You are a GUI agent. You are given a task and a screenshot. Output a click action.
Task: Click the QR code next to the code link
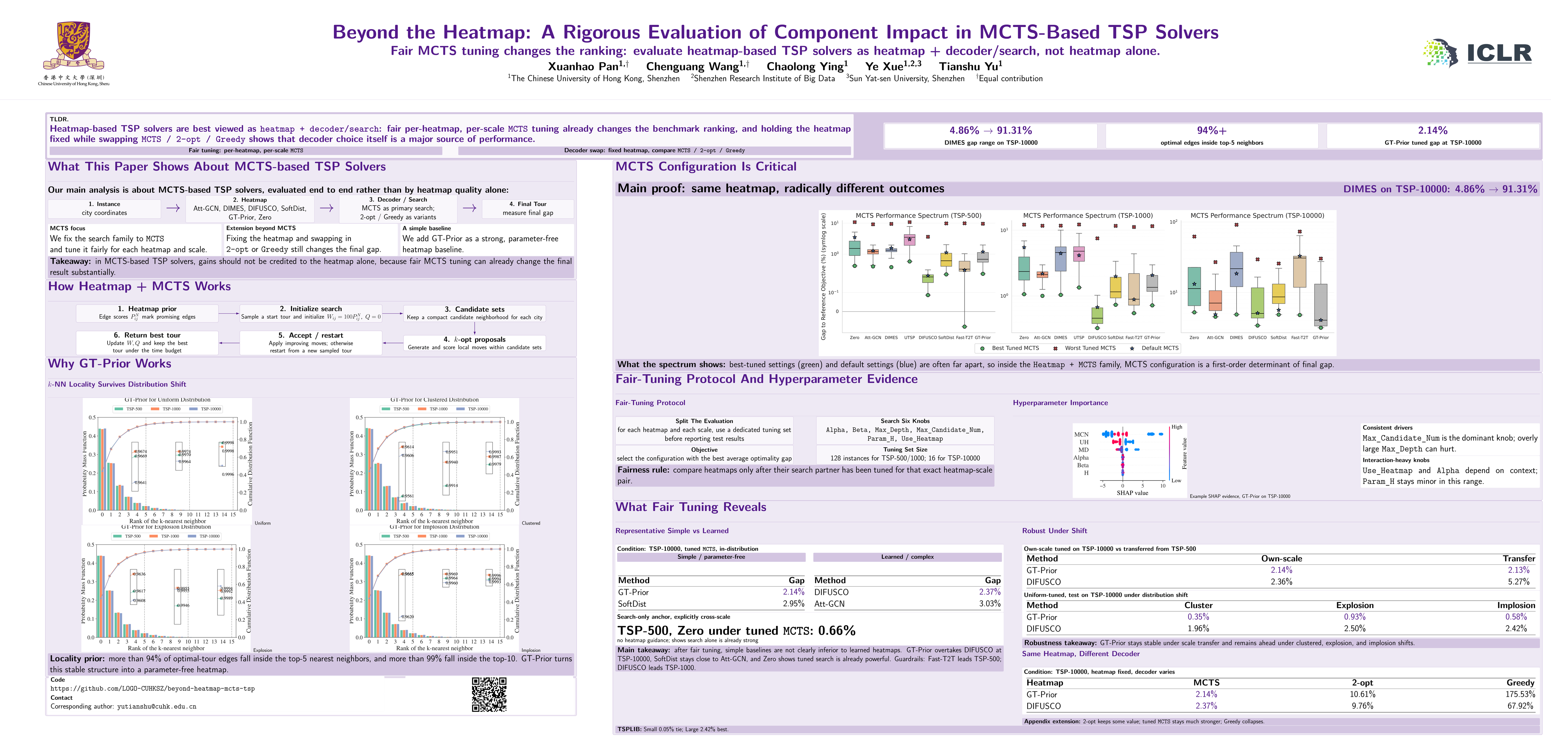(x=489, y=694)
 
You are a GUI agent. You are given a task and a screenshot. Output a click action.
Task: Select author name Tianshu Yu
(x=971, y=66)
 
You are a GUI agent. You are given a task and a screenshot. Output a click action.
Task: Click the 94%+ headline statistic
(x=1211, y=131)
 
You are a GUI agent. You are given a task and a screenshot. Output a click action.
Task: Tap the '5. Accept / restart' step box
(x=311, y=342)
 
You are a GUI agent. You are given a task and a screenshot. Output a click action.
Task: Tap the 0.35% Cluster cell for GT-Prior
(x=1198, y=617)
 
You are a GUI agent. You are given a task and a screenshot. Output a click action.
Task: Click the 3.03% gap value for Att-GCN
(x=989, y=604)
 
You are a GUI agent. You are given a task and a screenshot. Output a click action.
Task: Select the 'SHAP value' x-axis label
(x=1132, y=493)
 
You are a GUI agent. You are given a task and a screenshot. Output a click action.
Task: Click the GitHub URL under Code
(x=152, y=688)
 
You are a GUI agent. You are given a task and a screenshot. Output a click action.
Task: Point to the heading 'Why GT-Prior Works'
(x=110, y=363)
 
